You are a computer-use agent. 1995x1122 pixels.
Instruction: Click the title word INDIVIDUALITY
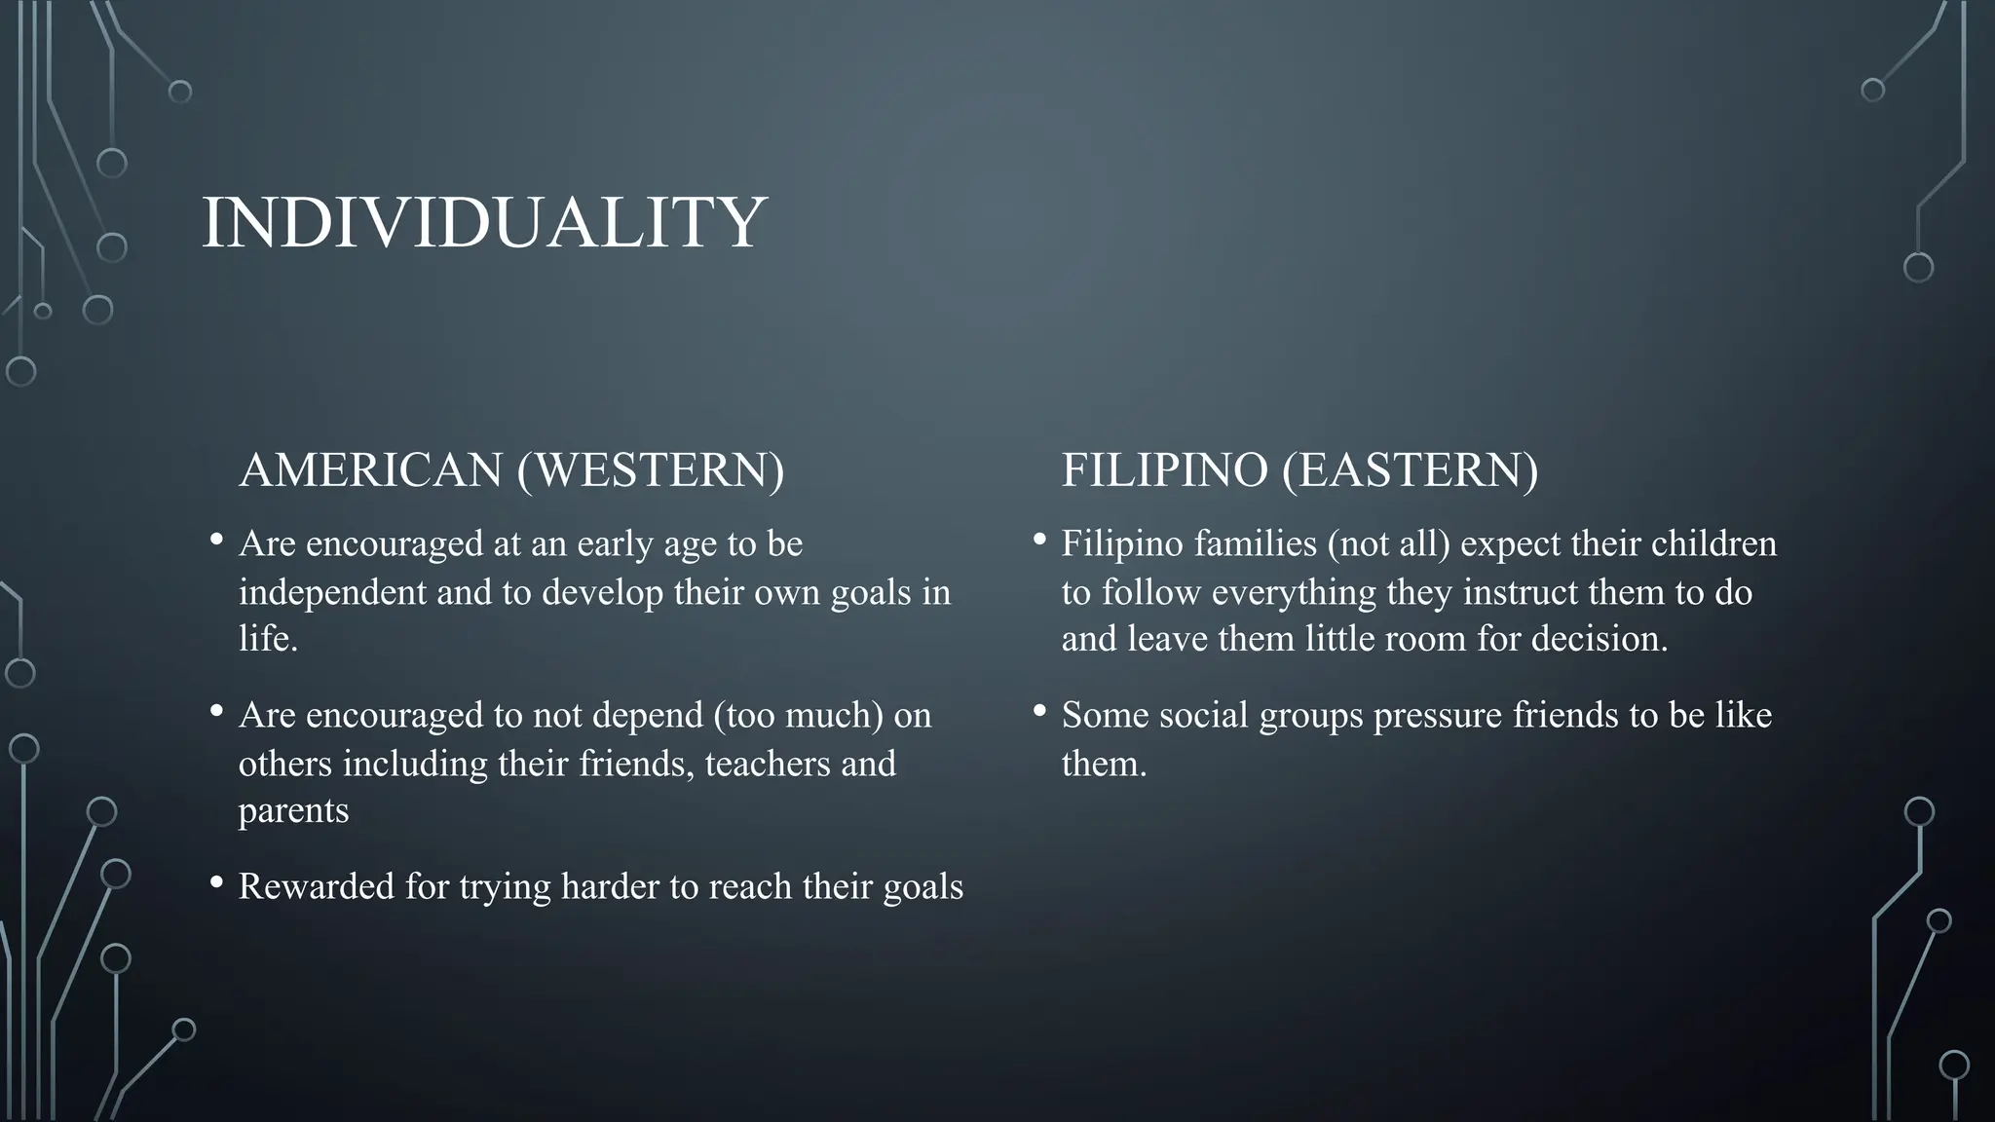tap(484, 223)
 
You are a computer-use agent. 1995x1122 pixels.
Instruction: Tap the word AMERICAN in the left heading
tap(370, 470)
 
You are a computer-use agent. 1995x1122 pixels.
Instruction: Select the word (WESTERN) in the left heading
tap(651, 470)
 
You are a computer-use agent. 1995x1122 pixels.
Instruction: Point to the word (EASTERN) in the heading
tap(1410, 470)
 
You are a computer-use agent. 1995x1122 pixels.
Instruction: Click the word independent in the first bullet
tap(332, 592)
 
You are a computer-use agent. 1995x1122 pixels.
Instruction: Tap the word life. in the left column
tap(268, 639)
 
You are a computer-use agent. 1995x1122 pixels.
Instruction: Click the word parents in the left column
tap(293, 811)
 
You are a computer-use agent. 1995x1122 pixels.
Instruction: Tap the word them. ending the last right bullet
tap(1104, 764)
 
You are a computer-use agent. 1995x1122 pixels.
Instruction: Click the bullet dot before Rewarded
tap(216, 883)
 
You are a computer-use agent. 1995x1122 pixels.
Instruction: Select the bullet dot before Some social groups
tap(1039, 712)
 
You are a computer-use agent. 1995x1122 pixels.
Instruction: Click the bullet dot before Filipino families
tap(1039, 540)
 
